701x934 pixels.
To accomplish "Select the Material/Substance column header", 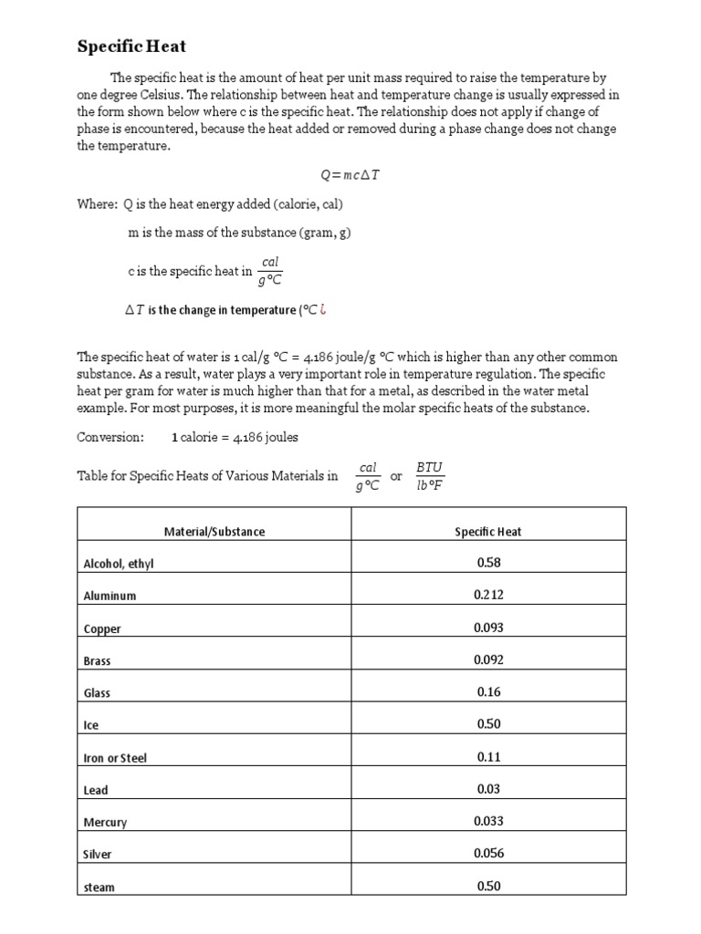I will pyautogui.click(x=214, y=531).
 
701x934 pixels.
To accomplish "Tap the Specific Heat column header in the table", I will pyautogui.click(x=488, y=531).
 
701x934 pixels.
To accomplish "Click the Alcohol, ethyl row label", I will pyautogui.click(x=119, y=564).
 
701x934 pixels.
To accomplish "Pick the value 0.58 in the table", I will pyautogui.click(x=488, y=563).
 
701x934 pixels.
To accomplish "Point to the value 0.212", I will pyautogui.click(x=488, y=595).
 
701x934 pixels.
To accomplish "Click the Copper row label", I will pyautogui.click(x=102, y=628).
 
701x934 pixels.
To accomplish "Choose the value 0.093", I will pyautogui.click(x=488, y=628).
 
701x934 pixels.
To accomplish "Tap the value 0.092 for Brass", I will pyautogui.click(x=488, y=659).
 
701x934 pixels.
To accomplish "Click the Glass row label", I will pyautogui.click(x=97, y=692).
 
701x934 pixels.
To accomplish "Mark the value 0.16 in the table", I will pyautogui.click(x=488, y=691).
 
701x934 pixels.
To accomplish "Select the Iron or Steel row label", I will pyautogui.click(x=115, y=757).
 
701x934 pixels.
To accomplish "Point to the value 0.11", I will pyautogui.click(x=488, y=756).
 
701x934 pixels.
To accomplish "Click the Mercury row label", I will pyautogui.click(x=105, y=822).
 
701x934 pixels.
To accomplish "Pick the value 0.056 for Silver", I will pyautogui.click(x=488, y=853).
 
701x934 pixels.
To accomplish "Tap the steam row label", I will pyautogui.click(x=99, y=887).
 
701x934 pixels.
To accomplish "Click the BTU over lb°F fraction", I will pyautogui.click(x=429, y=476).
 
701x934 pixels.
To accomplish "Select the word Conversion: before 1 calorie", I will pyautogui.click(x=110, y=437).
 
